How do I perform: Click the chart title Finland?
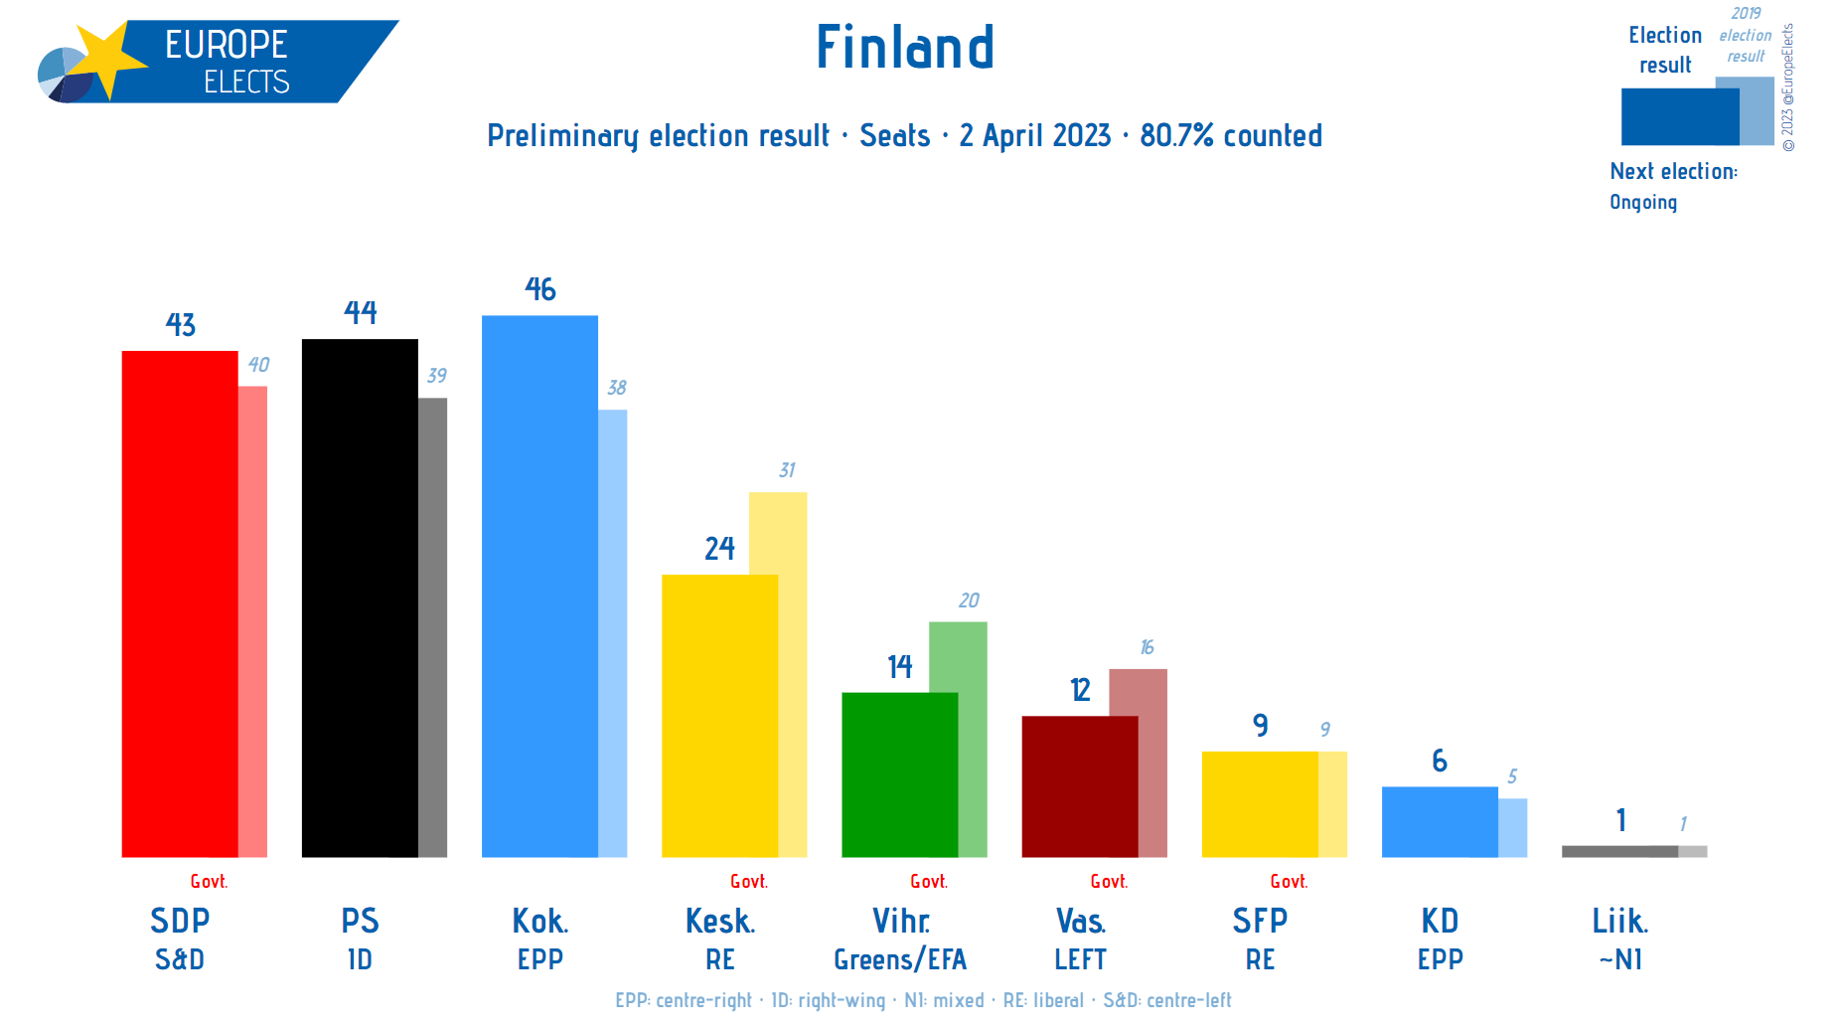click(x=904, y=47)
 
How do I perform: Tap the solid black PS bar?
click(x=360, y=598)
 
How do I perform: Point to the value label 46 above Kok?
click(x=540, y=289)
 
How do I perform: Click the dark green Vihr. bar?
click(x=899, y=774)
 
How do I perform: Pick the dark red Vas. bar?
click(x=1079, y=786)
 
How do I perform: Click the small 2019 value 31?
click(x=787, y=470)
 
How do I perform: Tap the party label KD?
click(x=1440, y=921)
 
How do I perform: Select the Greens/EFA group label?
click(x=900, y=959)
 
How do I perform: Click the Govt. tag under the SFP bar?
click(x=1289, y=882)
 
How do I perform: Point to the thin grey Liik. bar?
click(x=1619, y=851)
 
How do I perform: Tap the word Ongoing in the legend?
click(x=1643, y=202)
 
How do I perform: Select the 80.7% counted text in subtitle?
click(x=1231, y=135)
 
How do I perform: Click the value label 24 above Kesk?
click(x=719, y=549)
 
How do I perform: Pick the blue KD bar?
click(x=1440, y=822)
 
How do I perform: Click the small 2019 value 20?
click(x=969, y=600)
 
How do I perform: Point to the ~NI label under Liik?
click(x=1620, y=959)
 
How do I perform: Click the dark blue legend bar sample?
click(x=1679, y=116)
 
